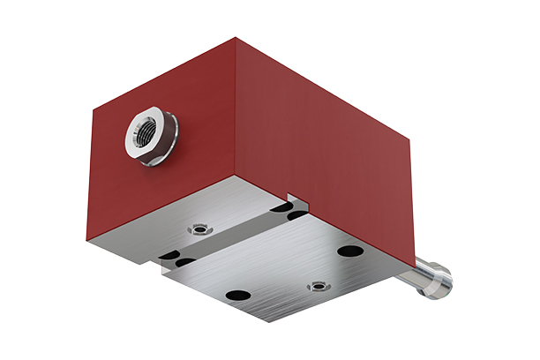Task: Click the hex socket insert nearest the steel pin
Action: point(317,285)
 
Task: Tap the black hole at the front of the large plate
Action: point(238,295)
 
